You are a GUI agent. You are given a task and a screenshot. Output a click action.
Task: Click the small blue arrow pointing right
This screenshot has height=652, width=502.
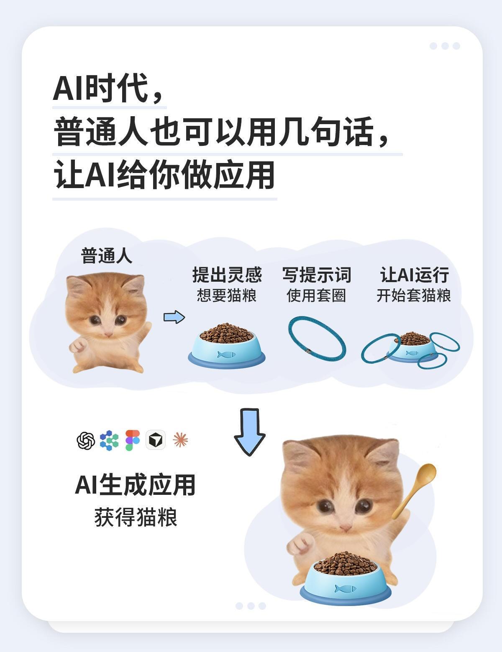pos(174,317)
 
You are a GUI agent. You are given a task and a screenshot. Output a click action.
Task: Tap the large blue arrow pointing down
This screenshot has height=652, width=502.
pos(249,432)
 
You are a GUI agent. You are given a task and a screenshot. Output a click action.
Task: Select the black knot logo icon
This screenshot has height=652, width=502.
pos(86,441)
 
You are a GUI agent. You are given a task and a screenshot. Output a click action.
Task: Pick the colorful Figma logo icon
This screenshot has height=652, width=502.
pos(133,440)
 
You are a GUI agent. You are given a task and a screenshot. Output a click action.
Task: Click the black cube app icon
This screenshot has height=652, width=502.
pos(156,440)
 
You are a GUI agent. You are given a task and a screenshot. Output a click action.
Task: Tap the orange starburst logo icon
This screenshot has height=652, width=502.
pos(180,440)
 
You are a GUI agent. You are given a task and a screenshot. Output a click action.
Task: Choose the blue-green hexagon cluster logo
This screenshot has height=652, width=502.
pos(109,441)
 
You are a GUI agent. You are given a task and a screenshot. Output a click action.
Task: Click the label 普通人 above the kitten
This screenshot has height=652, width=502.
pos(107,256)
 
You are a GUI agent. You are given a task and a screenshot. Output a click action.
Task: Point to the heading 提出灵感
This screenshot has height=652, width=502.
pos(227,275)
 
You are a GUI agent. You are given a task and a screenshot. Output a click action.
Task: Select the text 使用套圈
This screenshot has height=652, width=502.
pos(316,295)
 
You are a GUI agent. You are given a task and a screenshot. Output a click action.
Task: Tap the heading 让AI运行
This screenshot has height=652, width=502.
pos(415,275)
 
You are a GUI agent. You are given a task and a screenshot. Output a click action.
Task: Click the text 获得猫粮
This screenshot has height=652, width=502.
pos(136,517)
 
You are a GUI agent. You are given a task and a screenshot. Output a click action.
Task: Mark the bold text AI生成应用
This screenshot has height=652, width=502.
pos(135,485)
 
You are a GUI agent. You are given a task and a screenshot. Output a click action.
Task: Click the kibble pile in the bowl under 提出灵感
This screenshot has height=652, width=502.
pos(227,332)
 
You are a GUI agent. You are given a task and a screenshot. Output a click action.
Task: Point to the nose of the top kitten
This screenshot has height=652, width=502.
pos(108,334)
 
